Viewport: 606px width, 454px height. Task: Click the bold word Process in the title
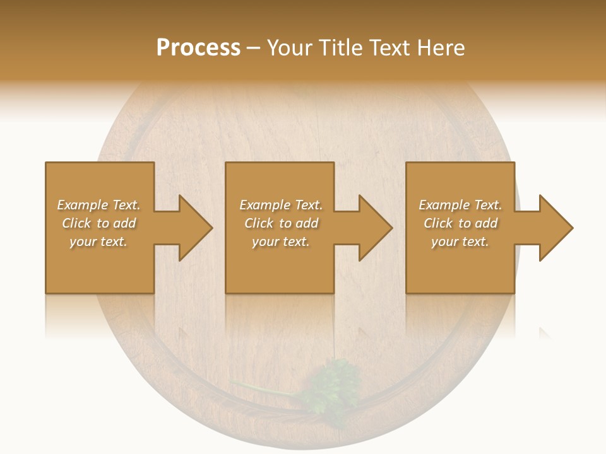[198, 48]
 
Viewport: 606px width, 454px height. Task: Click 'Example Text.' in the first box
[98, 205]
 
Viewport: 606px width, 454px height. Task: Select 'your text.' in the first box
[98, 242]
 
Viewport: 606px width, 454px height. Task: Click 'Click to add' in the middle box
[281, 223]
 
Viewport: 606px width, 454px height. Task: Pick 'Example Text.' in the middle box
[281, 205]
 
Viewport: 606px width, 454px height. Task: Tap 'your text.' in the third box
[460, 242]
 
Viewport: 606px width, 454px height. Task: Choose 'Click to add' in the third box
[460, 223]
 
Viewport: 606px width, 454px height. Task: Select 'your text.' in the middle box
[281, 242]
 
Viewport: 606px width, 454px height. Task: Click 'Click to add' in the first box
[98, 223]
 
